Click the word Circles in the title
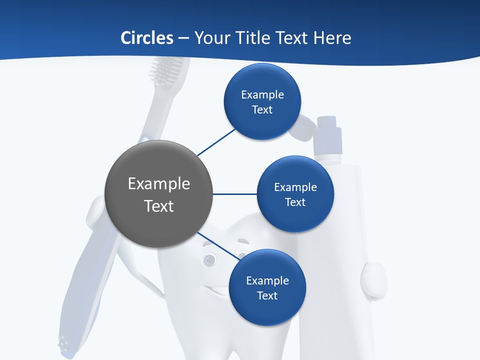pyautogui.click(x=146, y=38)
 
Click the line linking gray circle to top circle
pyautogui.click(x=216, y=142)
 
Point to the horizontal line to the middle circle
pyautogui.click(x=234, y=194)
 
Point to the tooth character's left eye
pyautogui.click(x=209, y=258)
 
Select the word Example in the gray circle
pyautogui.click(x=159, y=184)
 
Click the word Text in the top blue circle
pyautogui.click(x=262, y=109)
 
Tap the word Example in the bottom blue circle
pyautogui.click(x=267, y=280)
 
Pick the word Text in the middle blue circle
pyautogui.click(x=295, y=202)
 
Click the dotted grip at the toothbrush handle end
pyautogui.click(x=63, y=342)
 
